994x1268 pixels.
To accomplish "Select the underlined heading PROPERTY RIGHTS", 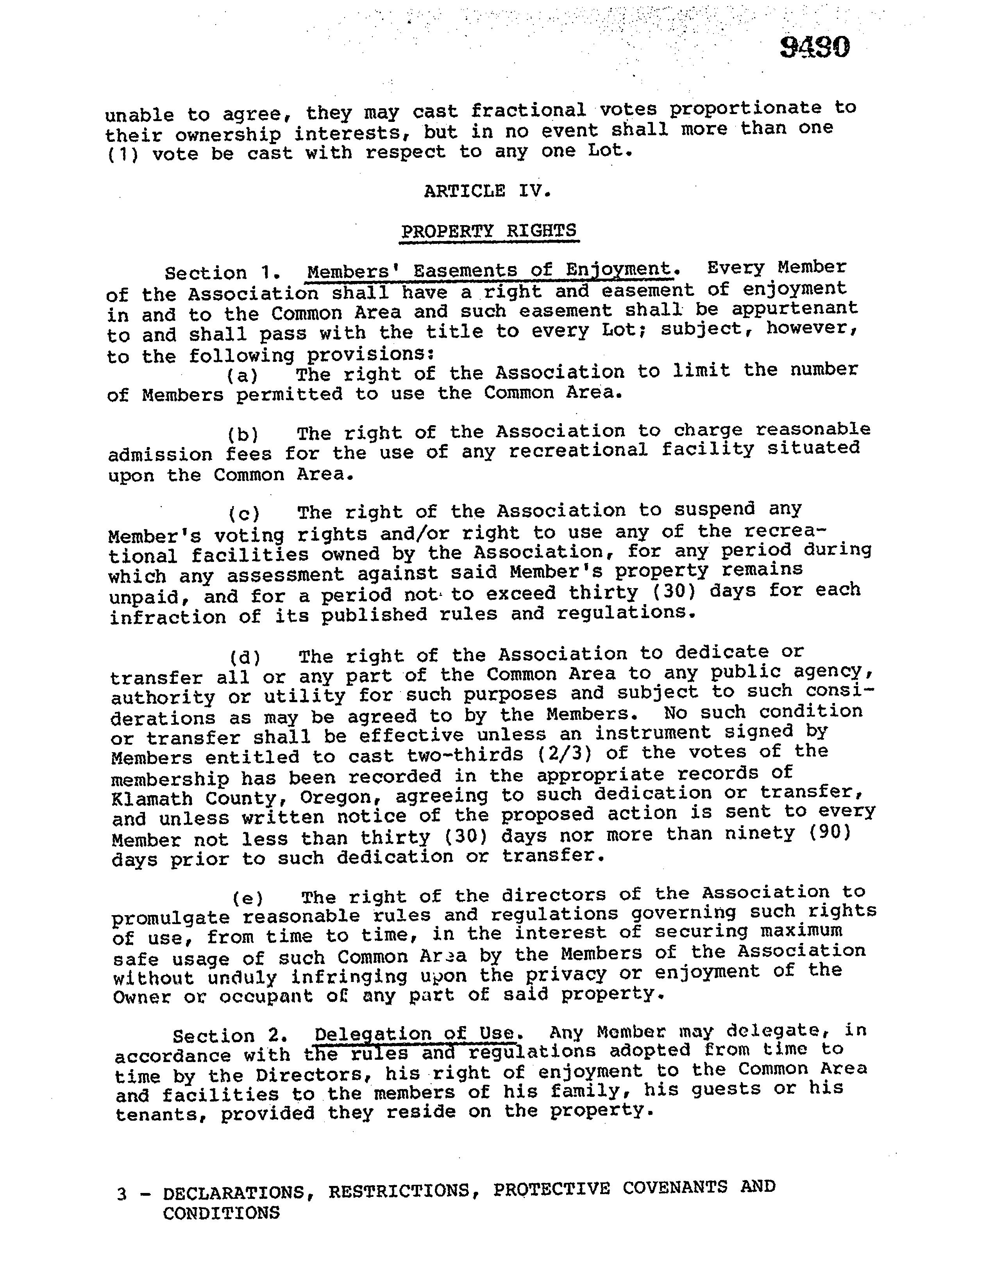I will click(489, 231).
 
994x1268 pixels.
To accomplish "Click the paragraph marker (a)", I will click(243, 376).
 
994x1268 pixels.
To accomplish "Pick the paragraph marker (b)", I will click(243, 434).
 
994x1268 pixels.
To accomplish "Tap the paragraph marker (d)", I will click(245, 658).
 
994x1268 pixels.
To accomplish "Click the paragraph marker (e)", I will click(247, 898).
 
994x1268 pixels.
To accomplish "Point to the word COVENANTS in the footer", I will click(674, 1187).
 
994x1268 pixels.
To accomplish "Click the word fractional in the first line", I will click(528, 111).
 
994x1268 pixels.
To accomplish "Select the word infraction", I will click(168, 617).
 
